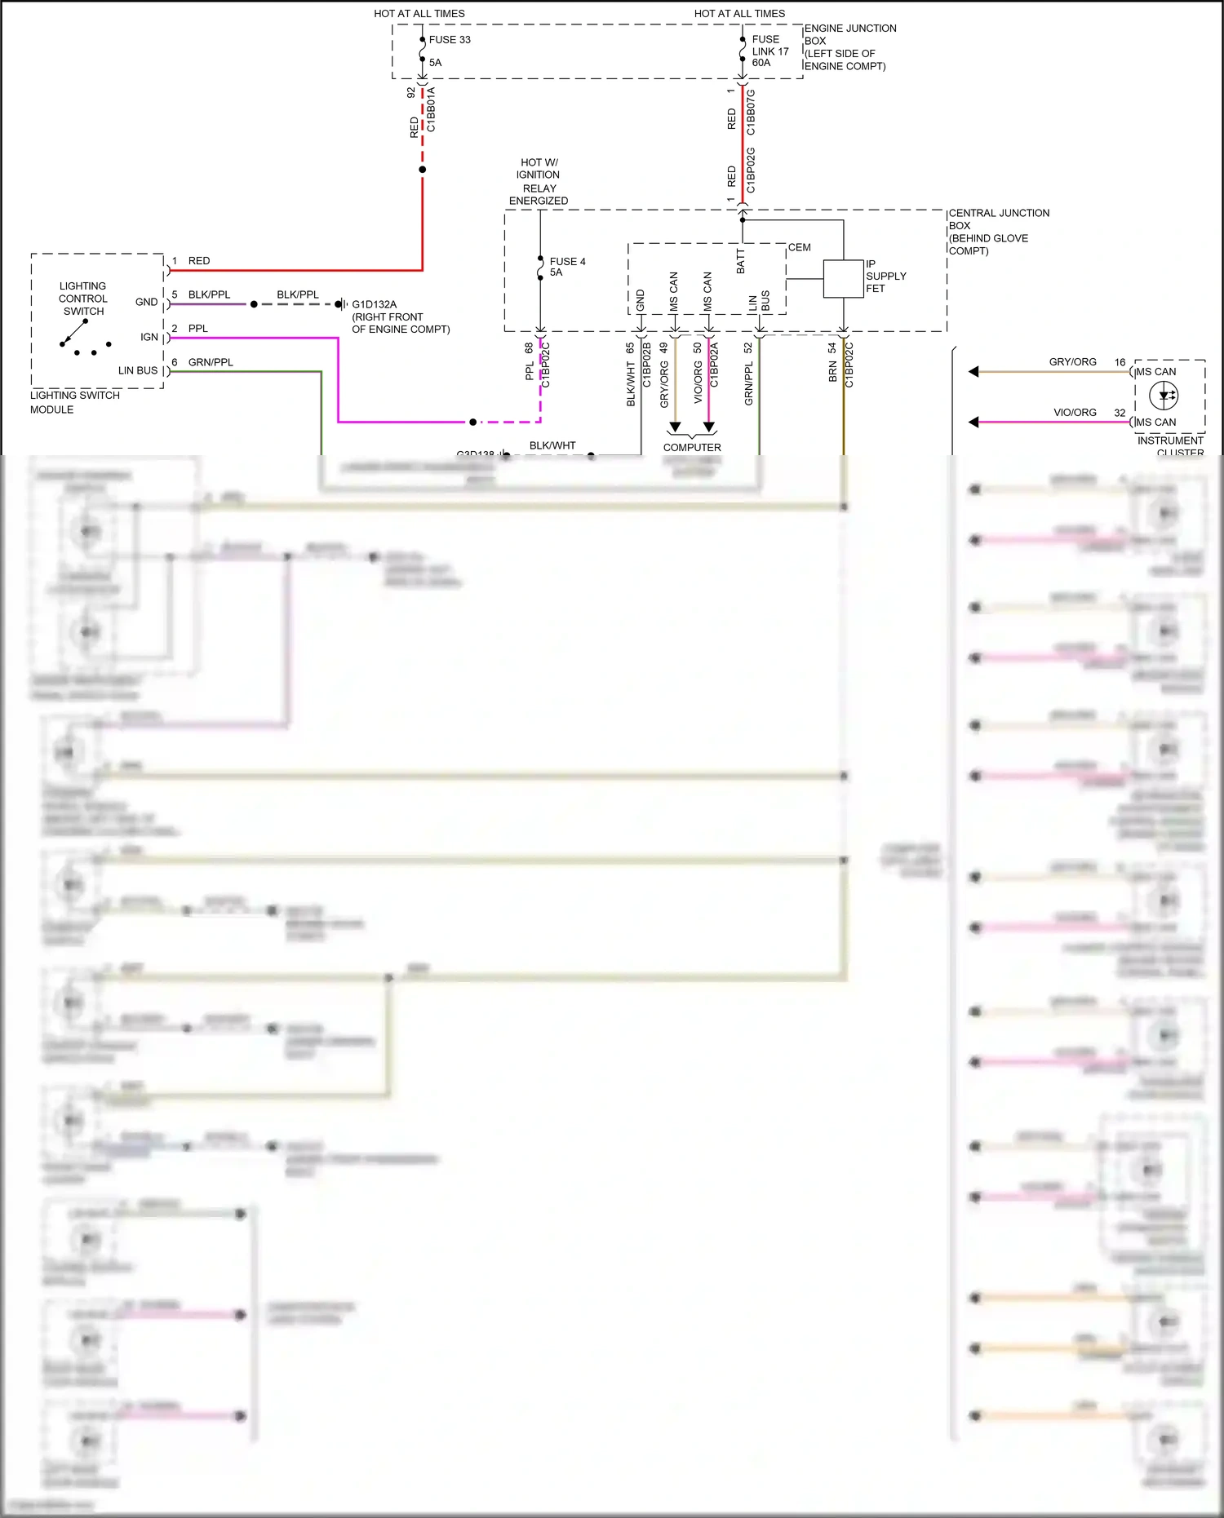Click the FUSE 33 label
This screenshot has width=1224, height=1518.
coord(449,39)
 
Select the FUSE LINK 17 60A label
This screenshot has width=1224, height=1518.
coord(769,51)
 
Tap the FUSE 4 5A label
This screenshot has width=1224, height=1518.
coord(567,267)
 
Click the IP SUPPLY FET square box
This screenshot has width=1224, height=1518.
coord(843,279)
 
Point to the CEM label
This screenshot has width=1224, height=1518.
coord(799,247)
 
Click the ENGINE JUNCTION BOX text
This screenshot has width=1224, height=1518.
coord(849,46)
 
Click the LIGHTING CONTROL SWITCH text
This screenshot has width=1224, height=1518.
coord(82,299)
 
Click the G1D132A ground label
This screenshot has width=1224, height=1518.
coord(375,304)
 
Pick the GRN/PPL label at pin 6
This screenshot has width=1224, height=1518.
coord(211,362)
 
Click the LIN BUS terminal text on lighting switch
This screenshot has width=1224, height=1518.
coord(138,370)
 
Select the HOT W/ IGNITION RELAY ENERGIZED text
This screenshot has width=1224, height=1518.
coord(539,181)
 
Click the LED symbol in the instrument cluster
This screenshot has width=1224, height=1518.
coord(1163,396)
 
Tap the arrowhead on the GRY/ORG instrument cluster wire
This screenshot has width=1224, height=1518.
coord(973,372)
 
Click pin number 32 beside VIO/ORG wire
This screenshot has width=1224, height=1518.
coord(1120,413)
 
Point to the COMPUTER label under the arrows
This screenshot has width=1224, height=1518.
coord(692,447)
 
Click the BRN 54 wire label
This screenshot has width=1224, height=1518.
coord(832,361)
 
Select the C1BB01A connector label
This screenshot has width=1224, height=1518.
coord(431,109)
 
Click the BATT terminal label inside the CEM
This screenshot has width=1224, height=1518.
coord(741,261)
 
